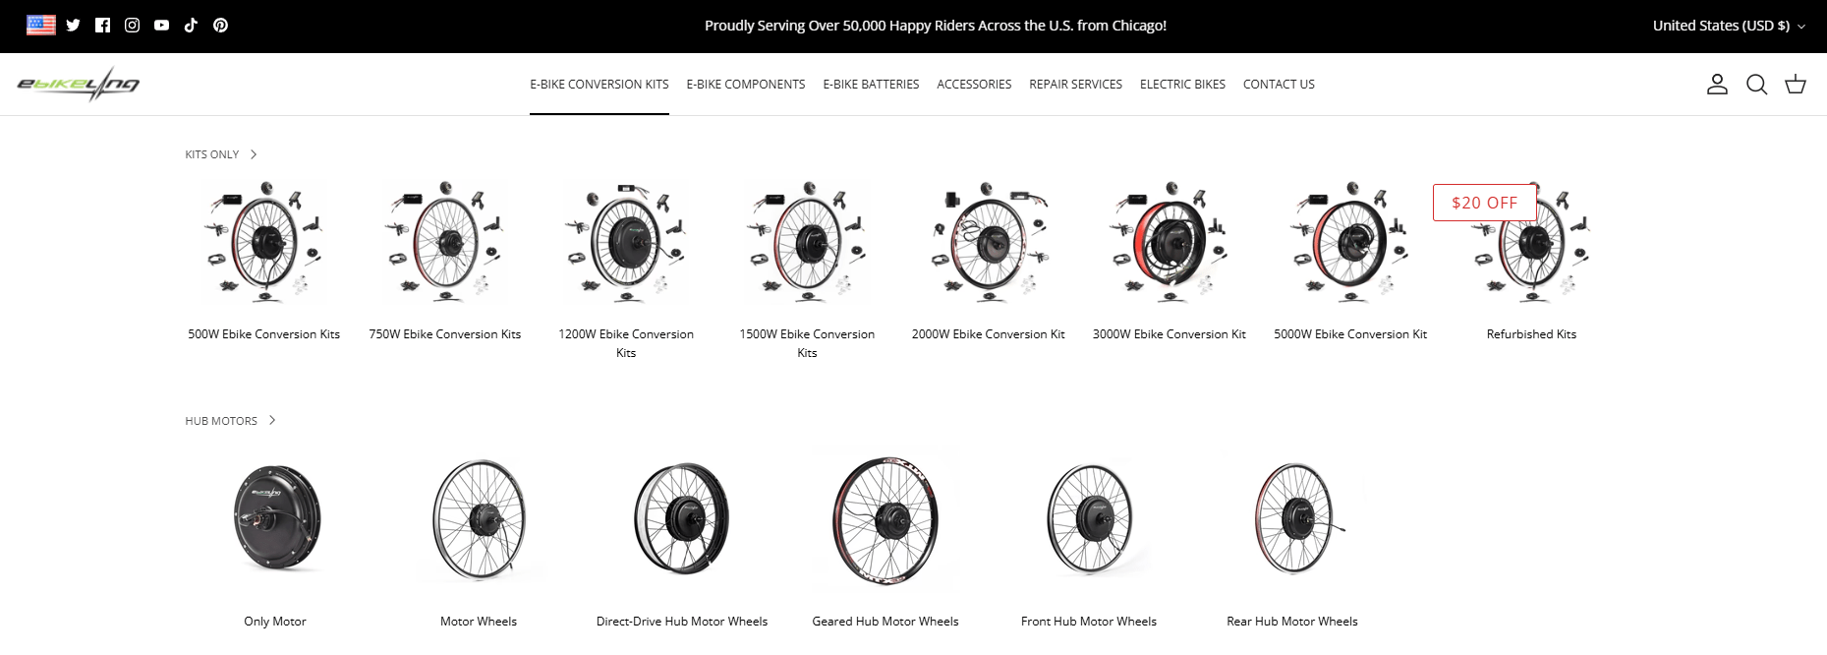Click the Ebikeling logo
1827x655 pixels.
pyautogui.click(x=79, y=85)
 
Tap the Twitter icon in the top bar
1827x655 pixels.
pyautogui.click(x=73, y=26)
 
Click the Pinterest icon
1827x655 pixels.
pyautogui.click(x=220, y=26)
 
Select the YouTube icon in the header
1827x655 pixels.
pyautogui.click(x=161, y=26)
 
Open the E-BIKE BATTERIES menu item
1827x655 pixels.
pyautogui.click(x=871, y=85)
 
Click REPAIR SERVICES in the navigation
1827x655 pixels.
pyautogui.click(x=1075, y=85)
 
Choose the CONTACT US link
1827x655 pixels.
pyautogui.click(x=1279, y=85)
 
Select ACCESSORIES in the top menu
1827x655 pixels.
pyautogui.click(x=974, y=85)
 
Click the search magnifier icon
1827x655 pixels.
pyautogui.click(x=1756, y=85)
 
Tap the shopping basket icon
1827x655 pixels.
pyautogui.click(x=1796, y=85)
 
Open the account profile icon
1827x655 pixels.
pyautogui.click(x=1717, y=85)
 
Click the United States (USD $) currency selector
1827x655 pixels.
pyautogui.click(x=1729, y=26)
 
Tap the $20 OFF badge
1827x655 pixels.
pyautogui.click(x=1484, y=203)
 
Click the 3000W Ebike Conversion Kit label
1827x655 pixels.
pyautogui.click(x=1170, y=334)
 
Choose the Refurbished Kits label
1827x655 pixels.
pyautogui.click(x=1531, y=334)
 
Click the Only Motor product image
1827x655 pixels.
pyautogui.click(x=276, y=518)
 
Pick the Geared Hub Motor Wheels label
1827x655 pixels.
pyautogui.click(x=885, y=622)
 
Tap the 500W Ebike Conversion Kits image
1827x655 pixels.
pyautogui.click(x=264, y=242)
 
